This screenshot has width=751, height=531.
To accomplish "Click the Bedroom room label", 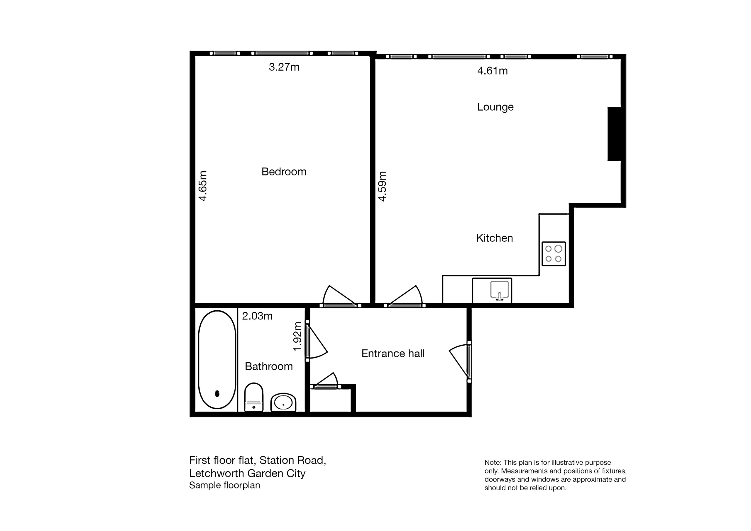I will (x=284, y=171).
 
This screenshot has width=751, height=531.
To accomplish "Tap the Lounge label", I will (x=495, y=107).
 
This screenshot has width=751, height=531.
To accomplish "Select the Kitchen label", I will (x=494, y=238).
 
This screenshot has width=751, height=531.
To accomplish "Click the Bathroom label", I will (x=268, y=366).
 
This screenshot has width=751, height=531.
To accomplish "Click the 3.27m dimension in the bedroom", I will (x=284, y=67).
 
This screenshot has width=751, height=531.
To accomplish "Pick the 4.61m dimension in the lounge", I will (x=492, y=71).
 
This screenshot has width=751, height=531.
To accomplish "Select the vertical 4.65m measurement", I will (x=203, y=186).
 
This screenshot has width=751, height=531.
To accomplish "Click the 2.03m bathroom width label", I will (x=257, y=316).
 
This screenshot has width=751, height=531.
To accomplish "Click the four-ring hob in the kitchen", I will (x=554, y=253).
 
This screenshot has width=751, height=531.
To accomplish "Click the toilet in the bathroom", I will (x=253, y=397).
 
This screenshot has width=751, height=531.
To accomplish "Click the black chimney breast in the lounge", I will (x=614, y=134).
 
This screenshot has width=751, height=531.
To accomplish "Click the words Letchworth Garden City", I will (x=247, y=473).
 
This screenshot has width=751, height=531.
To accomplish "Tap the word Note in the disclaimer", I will (x=492, y=463).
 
